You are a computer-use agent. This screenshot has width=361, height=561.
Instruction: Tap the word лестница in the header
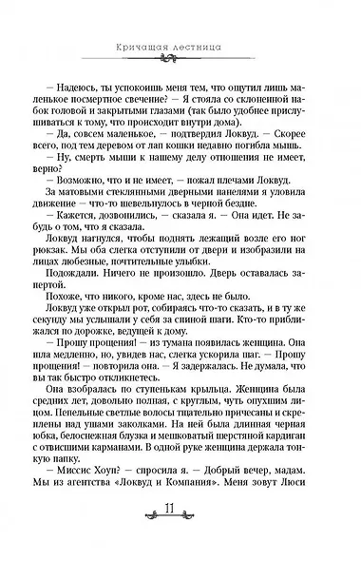(208, 46)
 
